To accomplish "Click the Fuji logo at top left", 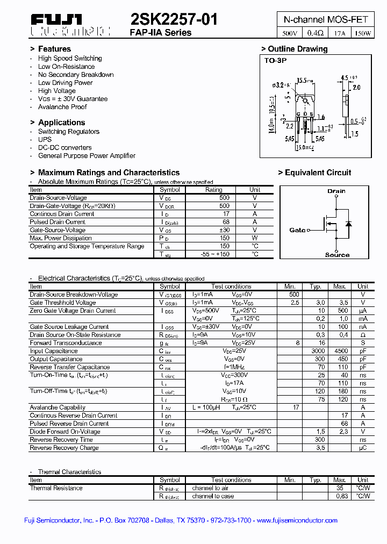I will (56, 21).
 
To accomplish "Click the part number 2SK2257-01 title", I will (174, 20).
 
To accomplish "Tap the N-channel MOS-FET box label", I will (326, 19).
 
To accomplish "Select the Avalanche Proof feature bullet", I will (62, 107).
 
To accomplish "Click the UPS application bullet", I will (45, 139).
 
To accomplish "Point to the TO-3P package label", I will (276, 61).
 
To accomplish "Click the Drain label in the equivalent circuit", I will (336, 191).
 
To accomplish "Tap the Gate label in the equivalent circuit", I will (297, 230).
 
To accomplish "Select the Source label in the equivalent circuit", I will (337, 255).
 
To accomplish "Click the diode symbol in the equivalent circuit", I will (348, 223).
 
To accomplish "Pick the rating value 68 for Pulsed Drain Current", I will (226, 222).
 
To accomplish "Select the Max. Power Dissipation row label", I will (61, 238).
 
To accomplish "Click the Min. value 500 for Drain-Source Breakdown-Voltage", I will (294, 295).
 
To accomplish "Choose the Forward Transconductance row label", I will (66, 343).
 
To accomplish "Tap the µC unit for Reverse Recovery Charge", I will (363, 448).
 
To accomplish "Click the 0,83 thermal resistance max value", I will (340, 496).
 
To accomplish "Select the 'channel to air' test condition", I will (210, 488).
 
